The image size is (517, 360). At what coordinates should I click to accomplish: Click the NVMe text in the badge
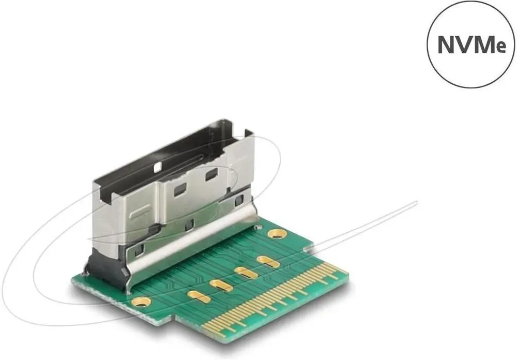472,46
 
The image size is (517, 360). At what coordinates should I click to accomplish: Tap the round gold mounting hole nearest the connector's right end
276,234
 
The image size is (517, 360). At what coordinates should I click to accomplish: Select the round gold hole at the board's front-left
141,301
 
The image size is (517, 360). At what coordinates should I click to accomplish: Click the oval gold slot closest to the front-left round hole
199,296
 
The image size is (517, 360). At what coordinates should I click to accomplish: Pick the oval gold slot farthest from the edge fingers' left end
268,261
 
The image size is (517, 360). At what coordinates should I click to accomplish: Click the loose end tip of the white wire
416,202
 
